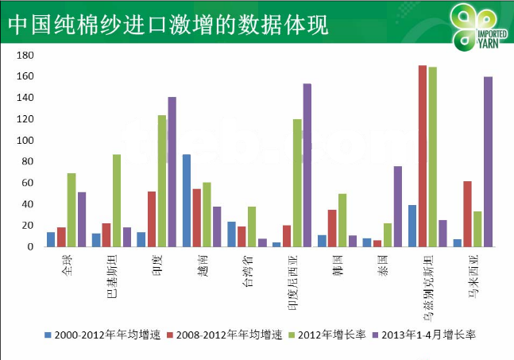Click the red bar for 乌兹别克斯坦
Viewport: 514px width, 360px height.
[423, 156]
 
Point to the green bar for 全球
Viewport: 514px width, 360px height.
[71, 210]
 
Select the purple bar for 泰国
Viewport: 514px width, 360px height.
[397, 206]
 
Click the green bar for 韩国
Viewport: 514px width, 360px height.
[342, 220]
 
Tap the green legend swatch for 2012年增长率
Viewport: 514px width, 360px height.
[290, 335]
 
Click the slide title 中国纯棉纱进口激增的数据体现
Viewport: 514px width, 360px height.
[167, 24]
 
